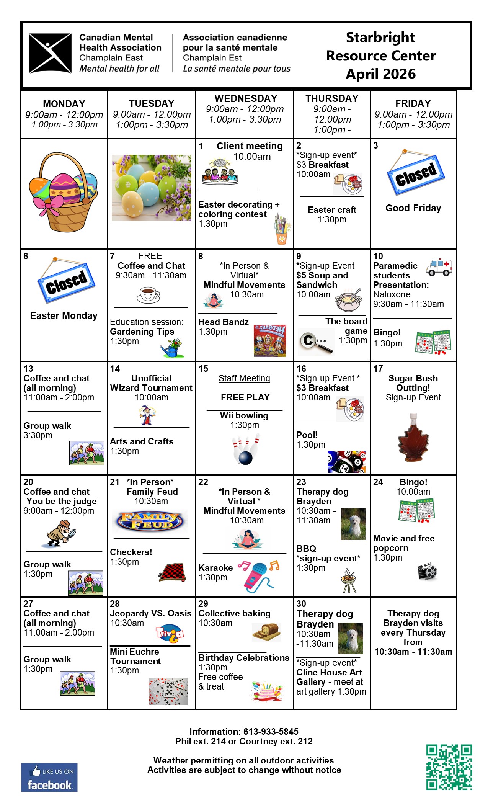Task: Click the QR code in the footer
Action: tap(449, 767)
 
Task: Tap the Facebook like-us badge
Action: tap(49, 777)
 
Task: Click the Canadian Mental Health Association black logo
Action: tap(50, 53)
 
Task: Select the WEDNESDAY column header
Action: tap(246, 98)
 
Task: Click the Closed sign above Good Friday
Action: tap(416, 174)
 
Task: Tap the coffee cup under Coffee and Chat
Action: tap(148, 294)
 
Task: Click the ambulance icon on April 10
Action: tap(439, 267)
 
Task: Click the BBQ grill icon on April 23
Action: tap(348, 581)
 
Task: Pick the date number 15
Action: tap(203, 369)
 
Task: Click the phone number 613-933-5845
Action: tap(271, 732)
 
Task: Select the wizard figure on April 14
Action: tap(147, 415)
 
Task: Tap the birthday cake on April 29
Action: tap(267, 691)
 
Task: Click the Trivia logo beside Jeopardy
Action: tap(170, 634)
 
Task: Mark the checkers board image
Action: tap(173, 572)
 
